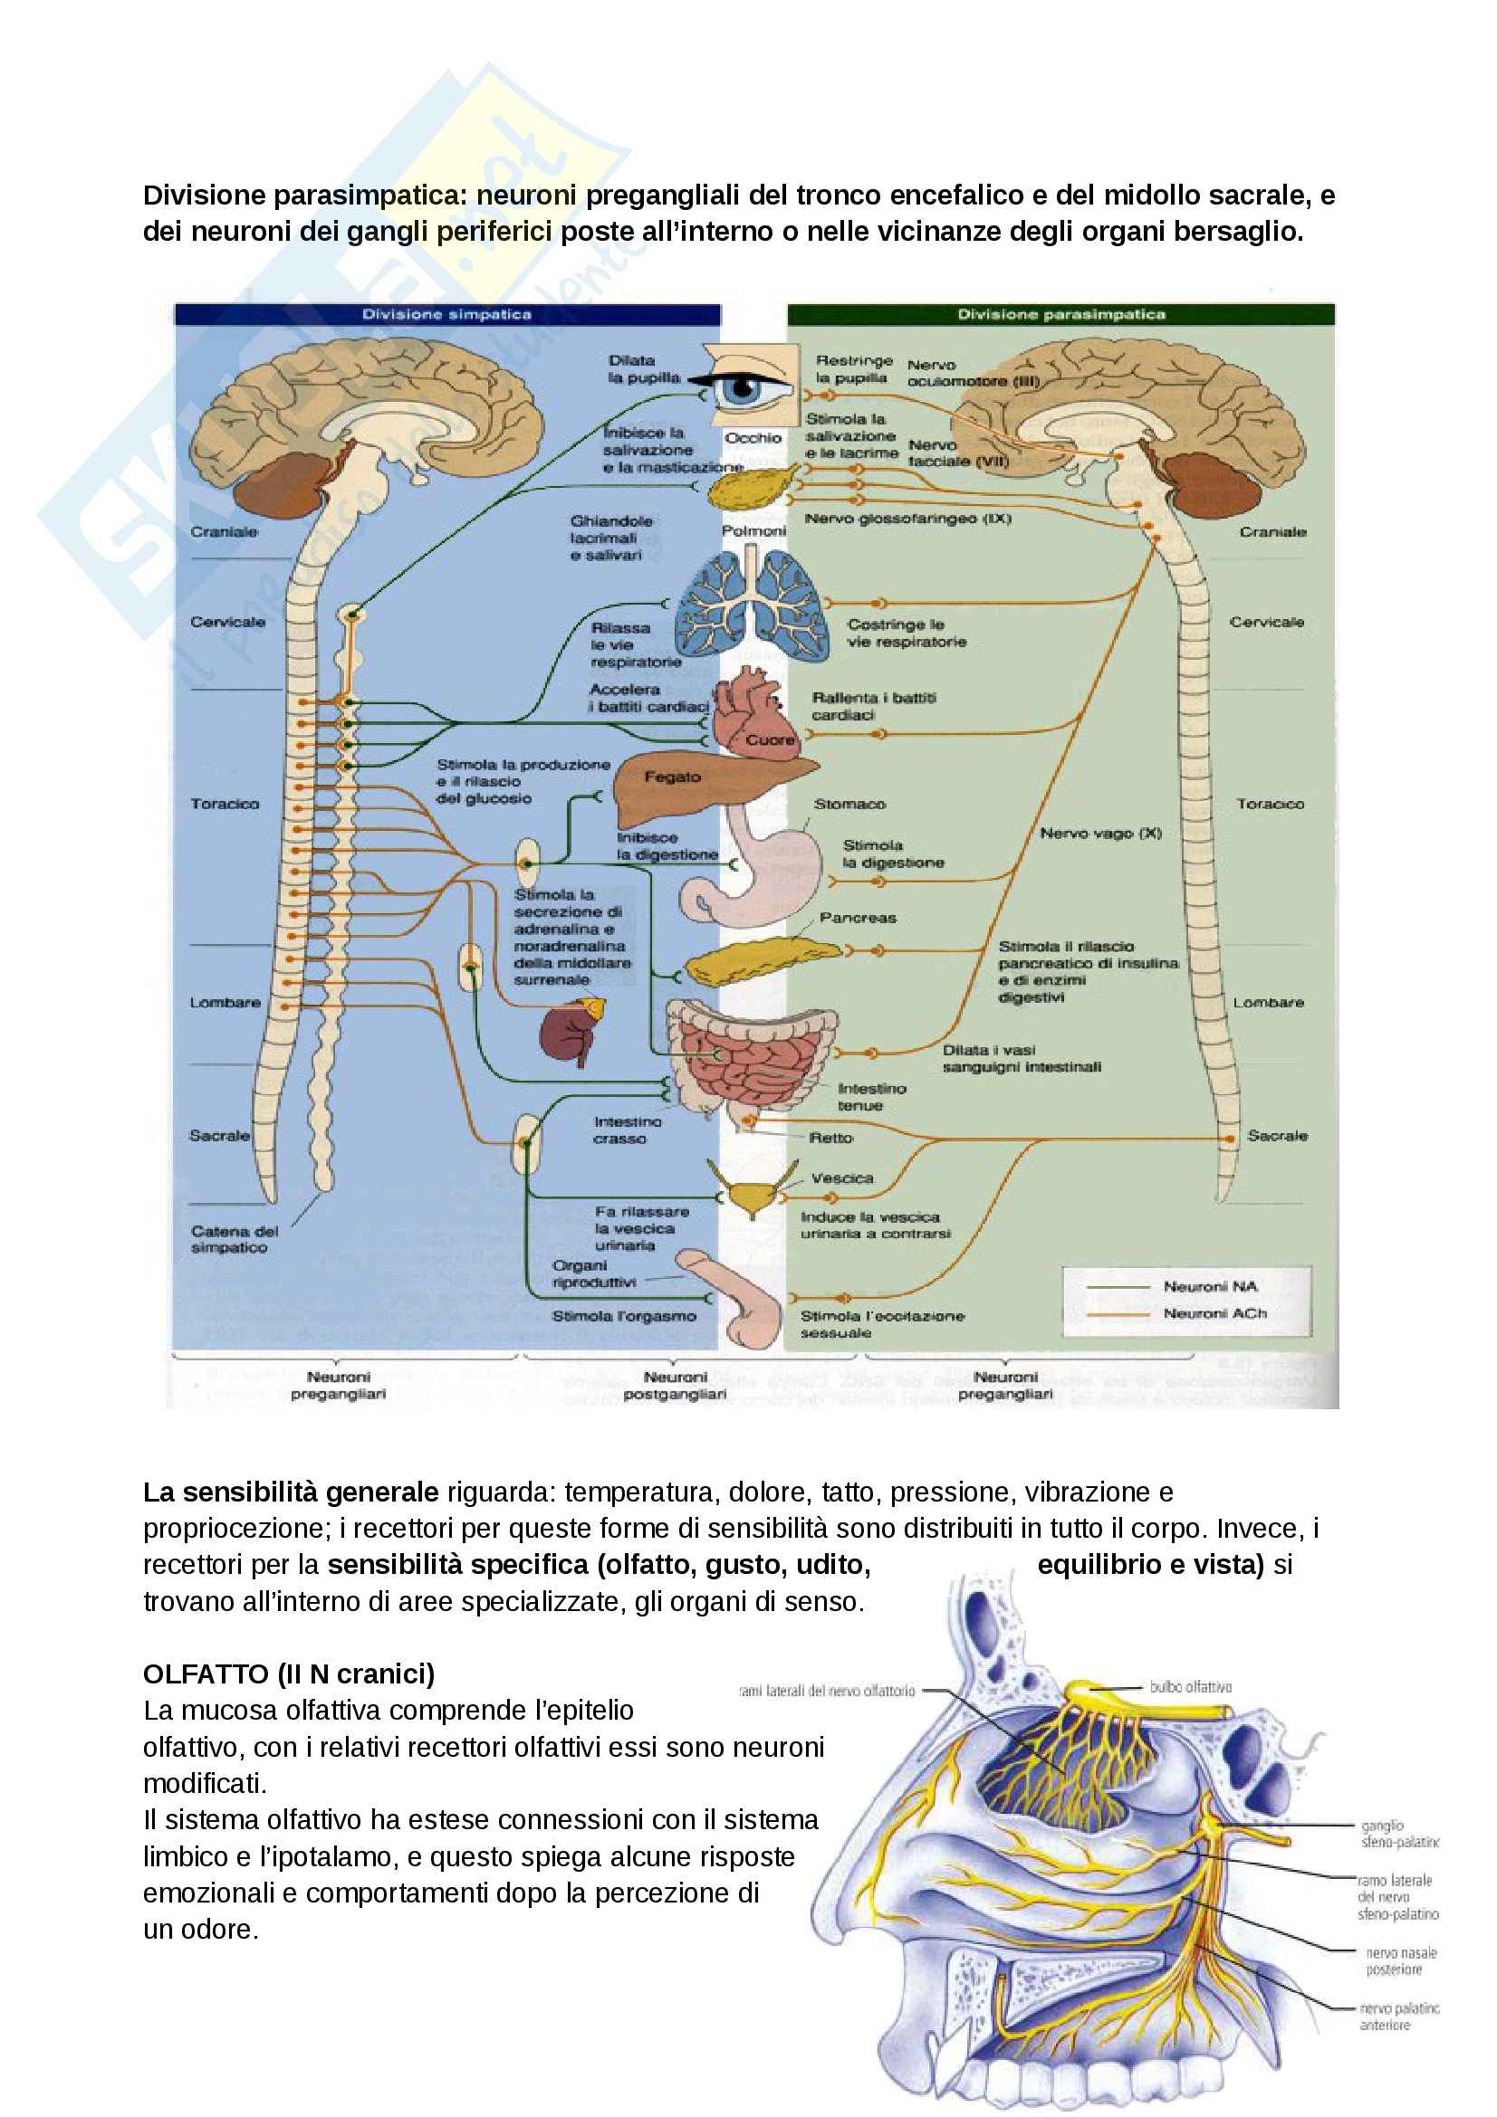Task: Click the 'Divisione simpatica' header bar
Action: [446, 314]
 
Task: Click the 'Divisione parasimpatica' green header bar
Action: [1060, 314]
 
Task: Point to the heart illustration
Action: [753, 716]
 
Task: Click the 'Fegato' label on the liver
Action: [671, 777]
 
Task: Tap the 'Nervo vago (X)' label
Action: [1099, 834]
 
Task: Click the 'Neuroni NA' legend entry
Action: [1209, 1286]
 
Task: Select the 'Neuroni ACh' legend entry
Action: [1214, 1313]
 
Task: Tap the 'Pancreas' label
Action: [857, 918]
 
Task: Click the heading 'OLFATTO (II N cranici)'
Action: [289, 1674]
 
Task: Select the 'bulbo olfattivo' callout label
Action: [1190, 1686]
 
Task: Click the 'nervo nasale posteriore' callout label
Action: [1400, 1960]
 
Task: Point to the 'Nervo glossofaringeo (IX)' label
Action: [907, 520]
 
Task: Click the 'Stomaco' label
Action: [849, 804]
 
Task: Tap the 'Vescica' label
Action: [841, 1178]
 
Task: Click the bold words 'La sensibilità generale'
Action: [291, 1492]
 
